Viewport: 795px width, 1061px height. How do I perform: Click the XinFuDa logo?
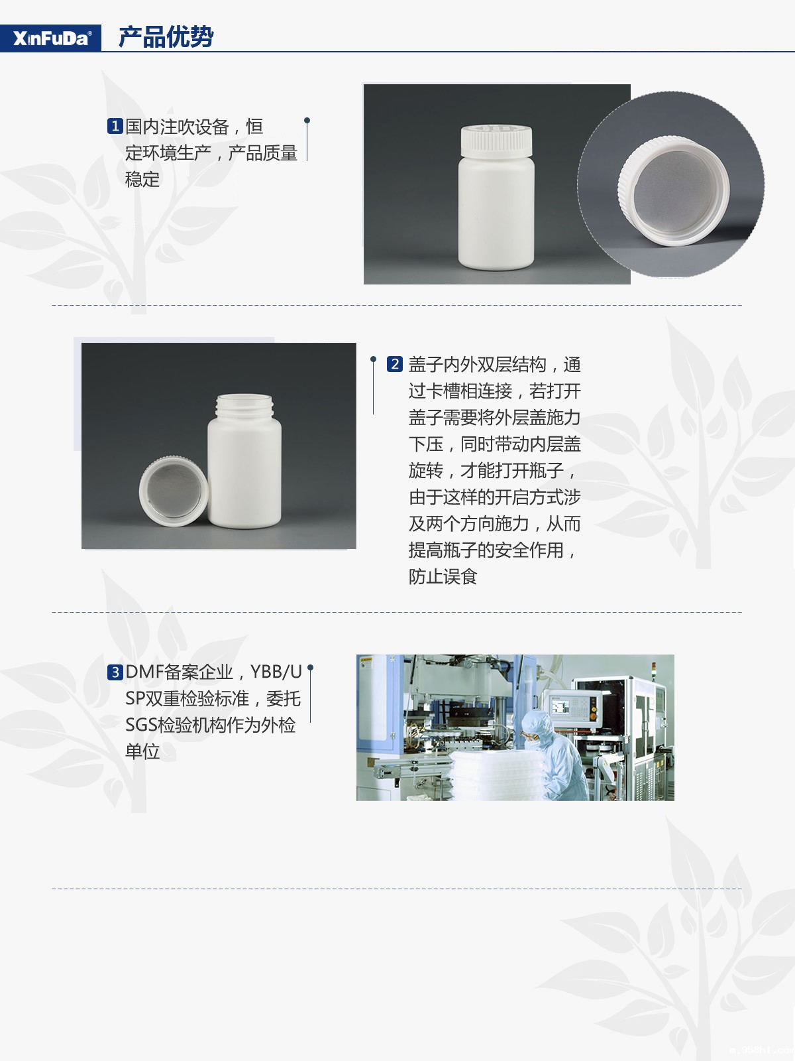pyautogui.click(x=52, y=38)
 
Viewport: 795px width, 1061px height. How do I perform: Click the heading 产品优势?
pyautogui.click(x=166, y=36)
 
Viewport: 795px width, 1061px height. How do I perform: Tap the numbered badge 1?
pyautogui.click(x=115, y=126)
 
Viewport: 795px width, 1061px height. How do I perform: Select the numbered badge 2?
pyautogui.click(x=395, y=364)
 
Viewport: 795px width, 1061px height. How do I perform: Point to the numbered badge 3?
pyautogui.click(x=115, y=672)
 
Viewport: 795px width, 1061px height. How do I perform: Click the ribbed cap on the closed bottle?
pyautogui.click(x=496, y=141)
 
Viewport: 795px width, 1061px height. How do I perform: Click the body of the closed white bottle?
pyautogui.click(x=496, y=213)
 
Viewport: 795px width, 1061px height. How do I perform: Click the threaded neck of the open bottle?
pyautogui.click(x=244, y=406)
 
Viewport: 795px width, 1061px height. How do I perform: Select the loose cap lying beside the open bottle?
pyautogui.click(x=174, y=491)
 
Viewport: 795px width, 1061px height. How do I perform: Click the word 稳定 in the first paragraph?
pyautogui.click(x=142, y=179)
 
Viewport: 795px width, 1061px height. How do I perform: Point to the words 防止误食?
pyautogui.click(x=443, y=576)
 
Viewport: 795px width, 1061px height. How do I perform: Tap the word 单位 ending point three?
pyautogui.click(x=142, y=751)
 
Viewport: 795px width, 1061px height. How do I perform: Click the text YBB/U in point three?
pyautogui.click(x=276, y=672)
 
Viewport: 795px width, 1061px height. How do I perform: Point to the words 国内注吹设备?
pyautogui.click(x=177, y=127)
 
